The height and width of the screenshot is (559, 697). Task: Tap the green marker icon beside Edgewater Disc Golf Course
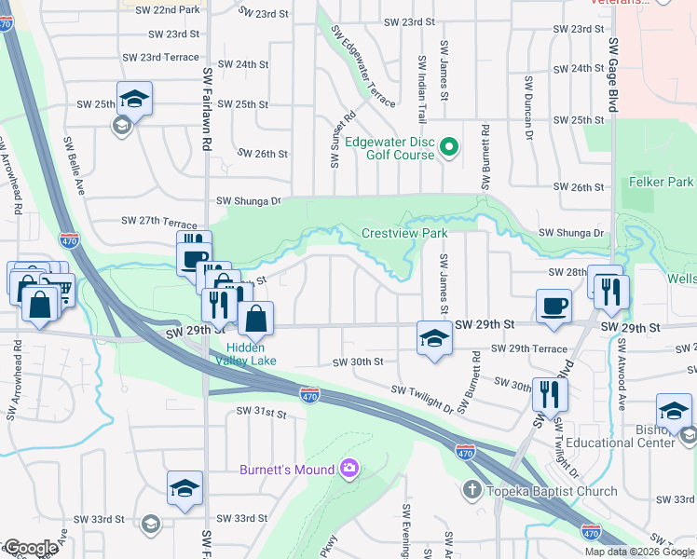tap(449, 147)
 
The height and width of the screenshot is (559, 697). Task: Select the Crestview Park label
tap(404, 233)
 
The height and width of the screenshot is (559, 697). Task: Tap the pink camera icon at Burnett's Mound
tap(349, 468)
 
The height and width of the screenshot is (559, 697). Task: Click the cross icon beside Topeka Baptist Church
tap(472, 490)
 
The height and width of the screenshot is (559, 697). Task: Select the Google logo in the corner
tap(30, 548)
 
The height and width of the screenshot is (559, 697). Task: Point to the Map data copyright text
tap(640, 552)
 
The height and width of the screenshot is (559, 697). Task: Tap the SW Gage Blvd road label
tap(613, 75)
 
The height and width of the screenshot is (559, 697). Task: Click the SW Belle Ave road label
tap(75, 167)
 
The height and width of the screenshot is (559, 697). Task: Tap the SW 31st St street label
tap(258, 411)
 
